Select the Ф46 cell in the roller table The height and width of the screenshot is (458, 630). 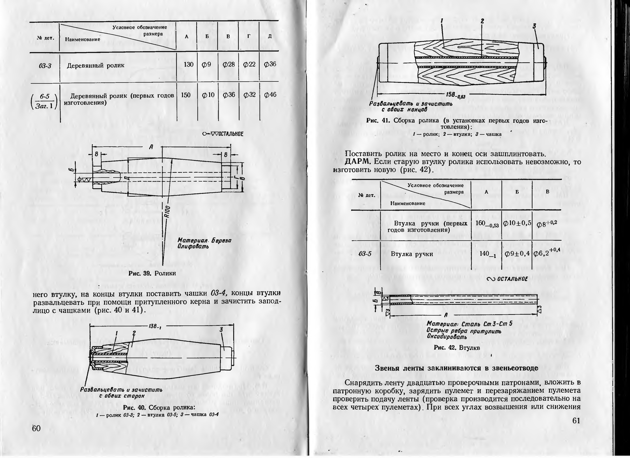point(270,95)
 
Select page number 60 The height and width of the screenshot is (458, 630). point(36,428)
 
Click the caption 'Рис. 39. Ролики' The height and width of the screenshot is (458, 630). point(152,273)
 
